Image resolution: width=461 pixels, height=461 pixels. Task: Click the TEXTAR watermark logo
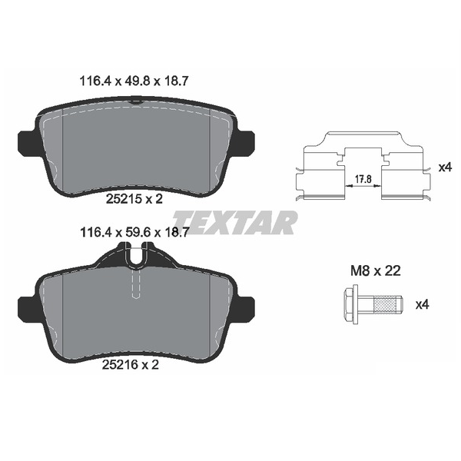(x=235, y=222)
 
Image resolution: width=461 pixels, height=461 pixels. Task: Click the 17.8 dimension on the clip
(x=363, y=179)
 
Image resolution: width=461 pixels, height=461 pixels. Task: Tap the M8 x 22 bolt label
(x=376, y=270)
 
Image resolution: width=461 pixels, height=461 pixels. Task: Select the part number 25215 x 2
(x=134, y=199)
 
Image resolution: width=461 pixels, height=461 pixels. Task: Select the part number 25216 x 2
(x=131, y=365)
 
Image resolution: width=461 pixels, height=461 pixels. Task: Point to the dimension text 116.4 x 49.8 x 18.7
(x=134, y=81)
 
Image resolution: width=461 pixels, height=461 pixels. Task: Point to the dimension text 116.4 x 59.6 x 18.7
(x=134, y=233)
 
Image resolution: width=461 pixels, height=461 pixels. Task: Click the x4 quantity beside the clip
(x=445, y=167)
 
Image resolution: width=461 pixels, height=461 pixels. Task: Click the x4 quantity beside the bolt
(x=422, y=305)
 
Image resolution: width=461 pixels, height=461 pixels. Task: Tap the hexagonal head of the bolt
(x=350, y=304)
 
